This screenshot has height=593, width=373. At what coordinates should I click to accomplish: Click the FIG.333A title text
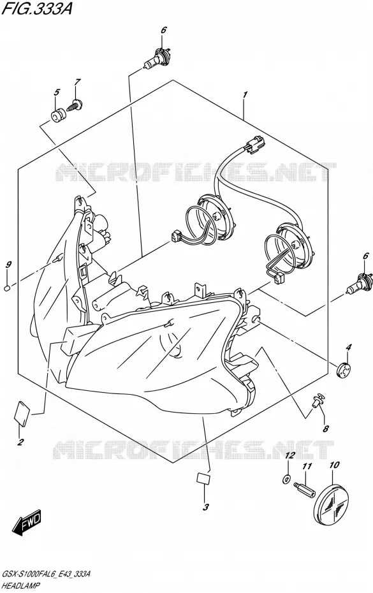[37, 8]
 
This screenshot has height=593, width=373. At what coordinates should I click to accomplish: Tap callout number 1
[245, 94]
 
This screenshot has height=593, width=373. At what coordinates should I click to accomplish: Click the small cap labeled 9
[6, 289]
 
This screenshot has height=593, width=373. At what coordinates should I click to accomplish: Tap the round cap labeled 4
[344, 369]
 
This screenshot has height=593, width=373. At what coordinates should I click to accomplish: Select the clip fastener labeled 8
[318, 400]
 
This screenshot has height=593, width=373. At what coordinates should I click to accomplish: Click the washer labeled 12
[286, 480]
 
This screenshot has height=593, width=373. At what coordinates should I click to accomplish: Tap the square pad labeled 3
[203, 478]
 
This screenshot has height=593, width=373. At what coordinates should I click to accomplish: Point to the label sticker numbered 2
[23, 414]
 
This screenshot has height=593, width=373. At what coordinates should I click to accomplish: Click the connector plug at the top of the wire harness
[255, 145]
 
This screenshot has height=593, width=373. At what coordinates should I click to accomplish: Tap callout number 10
[334, 465]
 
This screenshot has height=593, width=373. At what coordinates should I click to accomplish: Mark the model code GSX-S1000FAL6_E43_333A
[46, 575]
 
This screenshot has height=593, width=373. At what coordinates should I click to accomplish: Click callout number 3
[206, 507]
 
